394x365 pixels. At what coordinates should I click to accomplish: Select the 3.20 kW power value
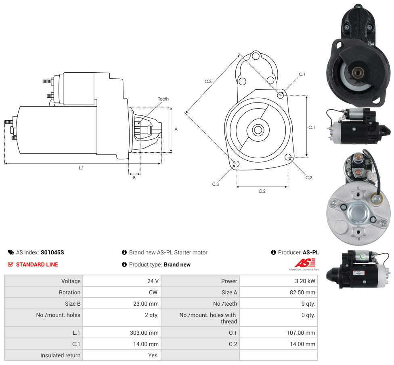pos(305,281)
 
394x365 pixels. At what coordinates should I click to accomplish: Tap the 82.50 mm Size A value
pos(302,292)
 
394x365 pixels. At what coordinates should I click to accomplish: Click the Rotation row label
pos(69,292)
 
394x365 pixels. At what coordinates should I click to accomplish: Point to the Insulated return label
pos(60,355)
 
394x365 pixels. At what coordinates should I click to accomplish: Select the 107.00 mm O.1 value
pos(301,333)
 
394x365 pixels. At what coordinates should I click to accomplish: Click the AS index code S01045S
pos(52,252)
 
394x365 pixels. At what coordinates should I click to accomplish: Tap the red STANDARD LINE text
pos(37,264)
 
